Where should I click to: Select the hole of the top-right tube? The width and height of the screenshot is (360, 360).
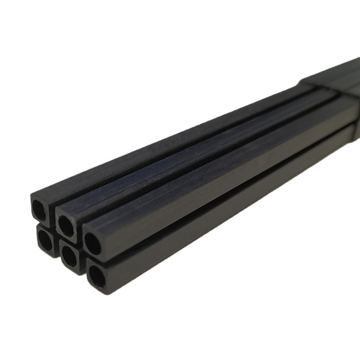coord(93,244)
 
